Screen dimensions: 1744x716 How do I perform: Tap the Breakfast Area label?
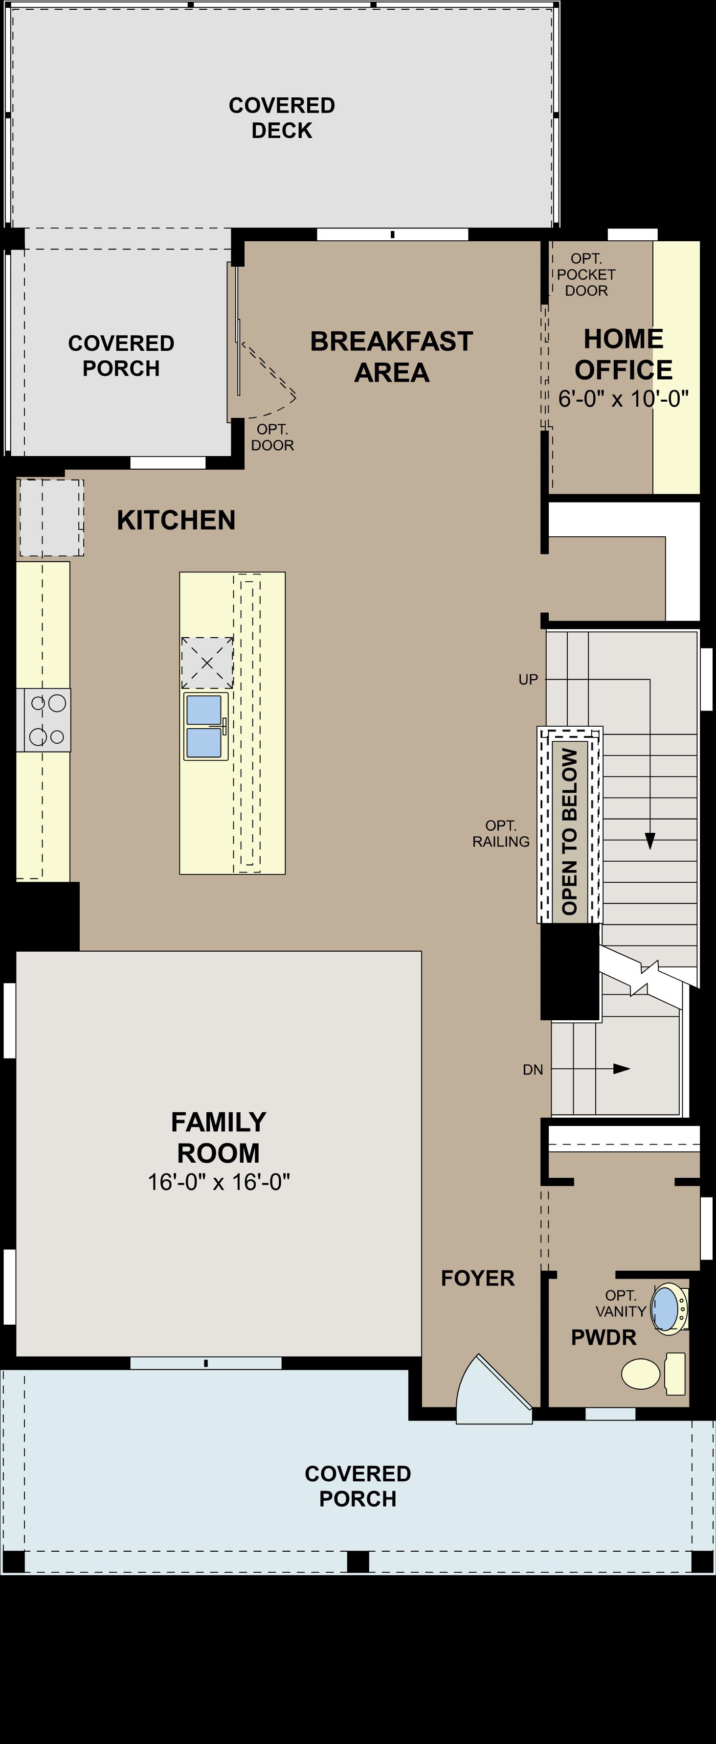[391, 357]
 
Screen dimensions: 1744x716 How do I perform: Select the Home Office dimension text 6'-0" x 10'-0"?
[623, 399]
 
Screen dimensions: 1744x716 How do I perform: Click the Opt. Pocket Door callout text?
[586, 274]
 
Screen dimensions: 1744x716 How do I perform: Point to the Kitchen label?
[176, 520]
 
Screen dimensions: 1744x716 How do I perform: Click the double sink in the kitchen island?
[204, 726]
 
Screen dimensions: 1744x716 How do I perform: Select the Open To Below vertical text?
[569, 831]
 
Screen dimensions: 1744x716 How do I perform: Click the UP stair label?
[528, 679]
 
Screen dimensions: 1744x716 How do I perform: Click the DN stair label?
[533, 1070]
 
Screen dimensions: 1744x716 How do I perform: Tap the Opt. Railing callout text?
[501, 833]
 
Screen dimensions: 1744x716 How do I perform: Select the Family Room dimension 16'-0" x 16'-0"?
[219, 1181]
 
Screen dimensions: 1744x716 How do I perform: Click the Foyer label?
[478, 1278]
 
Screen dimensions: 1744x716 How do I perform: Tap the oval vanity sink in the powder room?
[667, 1308]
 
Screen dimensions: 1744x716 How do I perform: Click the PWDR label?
[604, 1337]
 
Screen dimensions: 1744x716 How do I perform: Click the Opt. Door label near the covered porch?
[272, 437]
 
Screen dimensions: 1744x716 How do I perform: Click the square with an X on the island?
[207, 663]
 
